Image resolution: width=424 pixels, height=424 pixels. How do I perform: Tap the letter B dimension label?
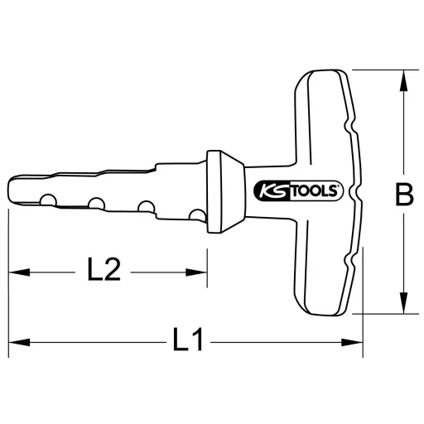point(403,196)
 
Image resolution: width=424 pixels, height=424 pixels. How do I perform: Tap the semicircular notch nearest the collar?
point(197,216)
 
